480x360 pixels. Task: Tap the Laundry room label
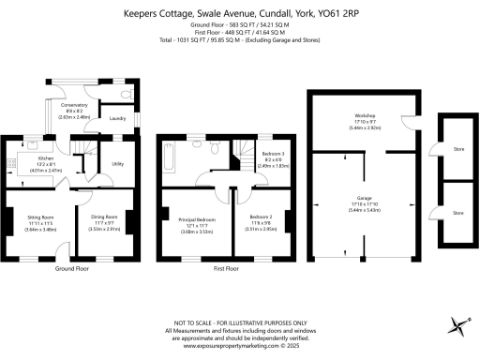[x=117, y=119]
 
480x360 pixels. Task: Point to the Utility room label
[x=117, y=163]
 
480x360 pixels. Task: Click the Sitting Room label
[x=39, y=221]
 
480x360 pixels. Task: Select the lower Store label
[x=457, y=212]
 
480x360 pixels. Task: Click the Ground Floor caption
[x=71, y=268]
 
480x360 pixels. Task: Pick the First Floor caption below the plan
[x=227, y=268]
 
